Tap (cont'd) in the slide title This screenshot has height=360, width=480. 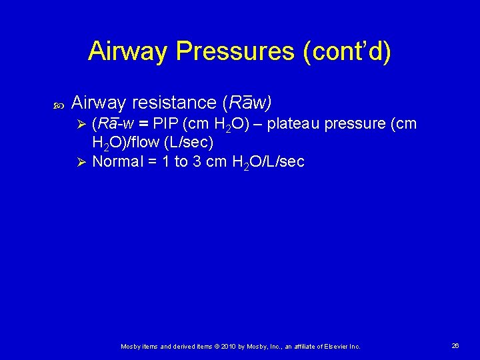347,51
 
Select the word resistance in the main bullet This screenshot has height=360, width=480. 173,103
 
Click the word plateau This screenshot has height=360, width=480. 295,124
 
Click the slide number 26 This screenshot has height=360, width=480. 455,346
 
